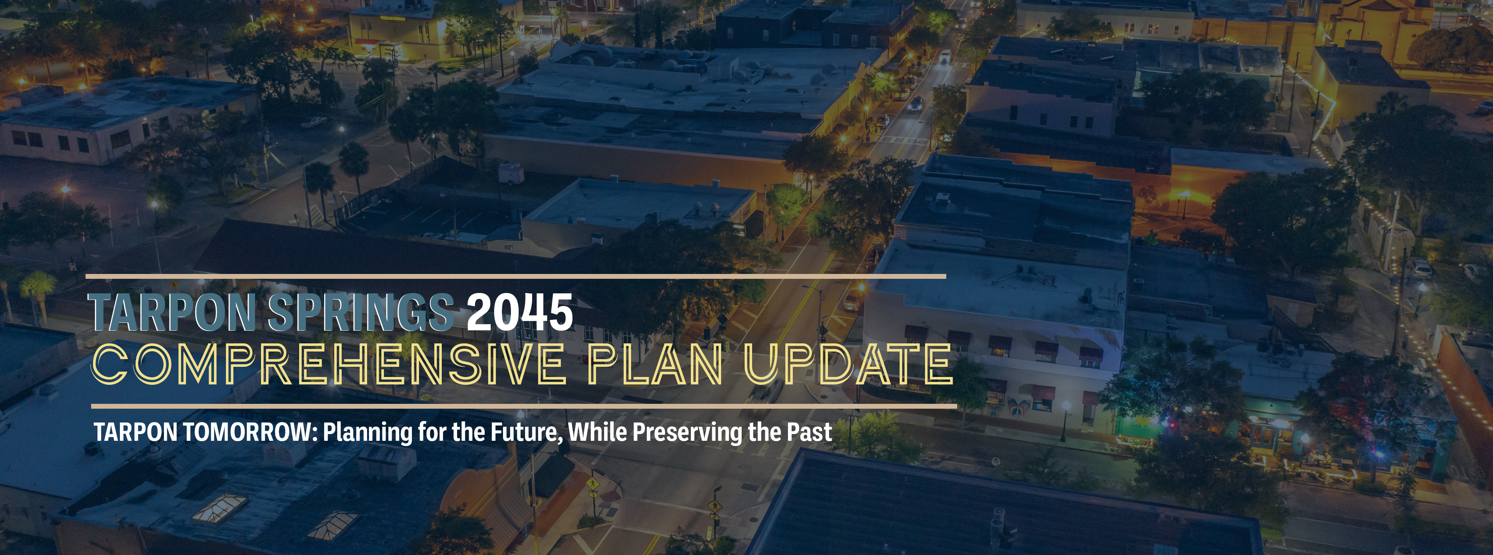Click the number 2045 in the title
pyautogui.click(x=520, y=312)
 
